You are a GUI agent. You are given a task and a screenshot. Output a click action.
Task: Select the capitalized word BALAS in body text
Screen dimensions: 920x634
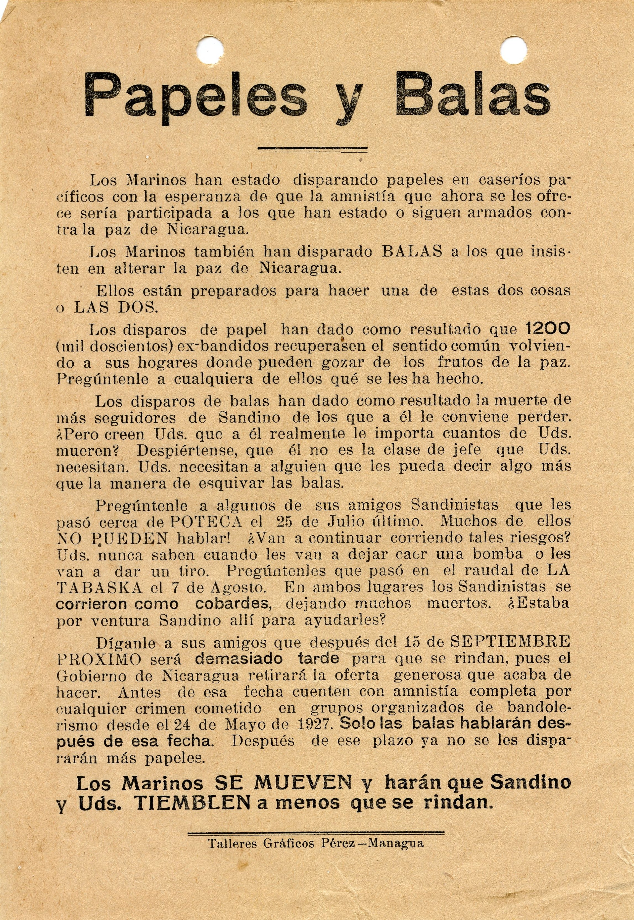pos(412,252)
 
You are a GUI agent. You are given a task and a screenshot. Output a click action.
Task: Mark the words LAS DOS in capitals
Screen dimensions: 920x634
pos(116,307)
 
